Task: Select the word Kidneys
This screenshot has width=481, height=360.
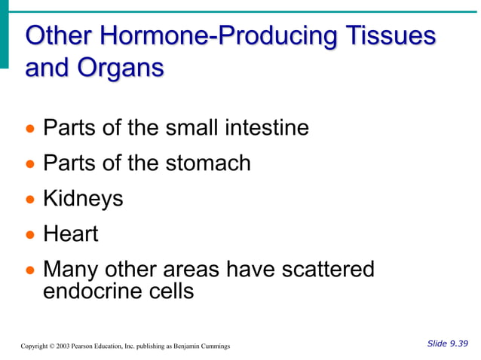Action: [83, 199]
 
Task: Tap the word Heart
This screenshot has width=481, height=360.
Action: [71, 233]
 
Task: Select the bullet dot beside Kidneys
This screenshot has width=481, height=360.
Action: [31, 200]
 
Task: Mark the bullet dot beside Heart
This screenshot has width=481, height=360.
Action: [31, 234]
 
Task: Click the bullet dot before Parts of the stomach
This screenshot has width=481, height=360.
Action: [31, 163]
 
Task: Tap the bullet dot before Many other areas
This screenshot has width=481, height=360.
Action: [31, 270]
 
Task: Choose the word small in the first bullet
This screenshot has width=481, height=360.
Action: [191, 127]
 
